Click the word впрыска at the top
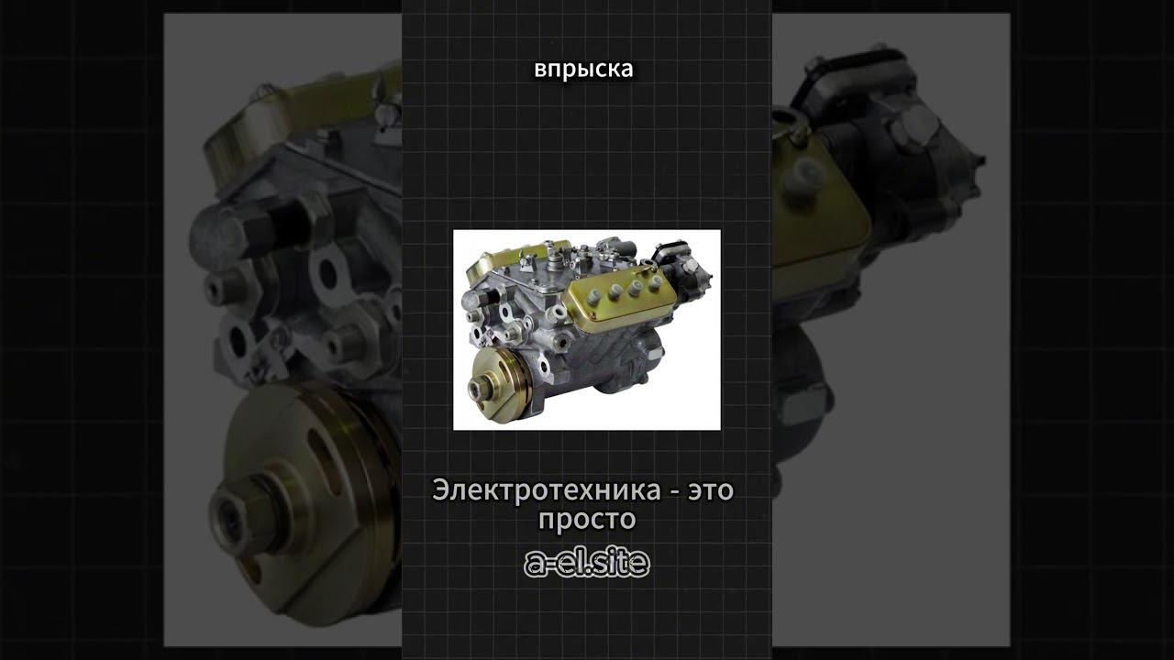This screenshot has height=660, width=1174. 583,70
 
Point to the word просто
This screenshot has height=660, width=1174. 587,520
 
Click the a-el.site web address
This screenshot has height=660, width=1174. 587,563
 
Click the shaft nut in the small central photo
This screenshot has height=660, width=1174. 477,388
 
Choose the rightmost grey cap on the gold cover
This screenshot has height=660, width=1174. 654,284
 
